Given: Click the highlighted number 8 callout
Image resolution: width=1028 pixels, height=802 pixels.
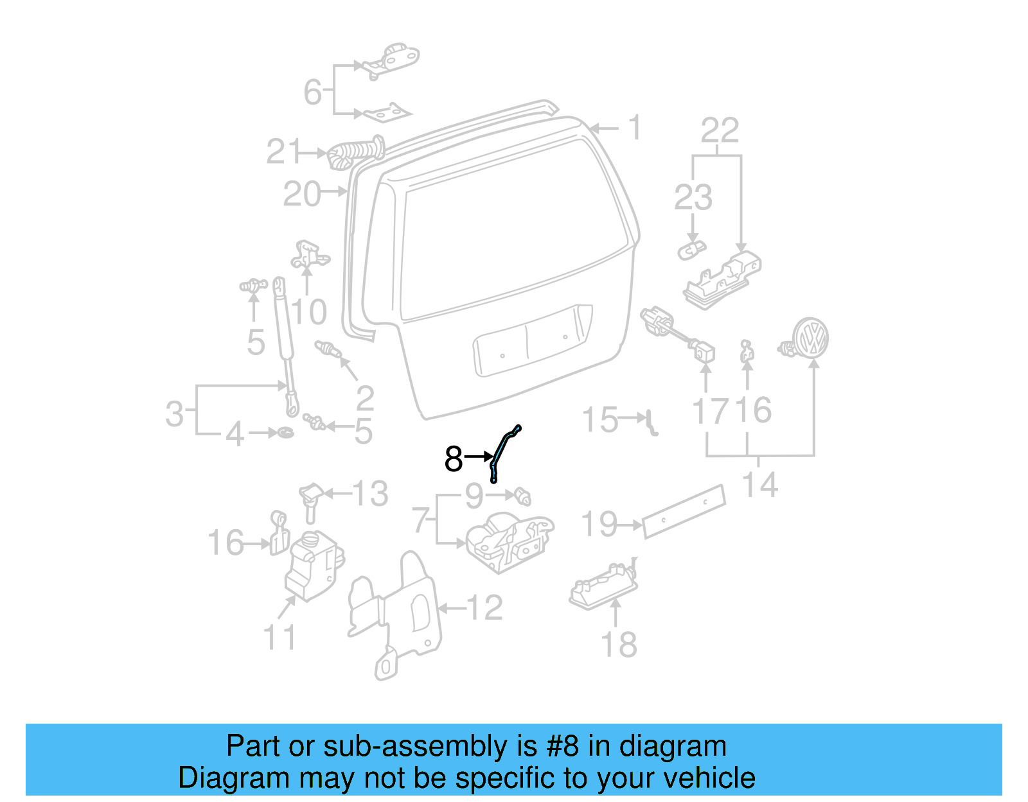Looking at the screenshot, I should coord(454,458).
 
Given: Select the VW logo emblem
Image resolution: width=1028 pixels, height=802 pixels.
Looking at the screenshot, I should coord(810,337).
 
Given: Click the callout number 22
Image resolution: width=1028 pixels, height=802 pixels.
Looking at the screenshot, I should coord(720,131).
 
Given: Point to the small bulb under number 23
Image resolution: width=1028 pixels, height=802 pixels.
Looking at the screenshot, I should coord(691,249).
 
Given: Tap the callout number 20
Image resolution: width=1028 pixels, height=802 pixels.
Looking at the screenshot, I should coord(302,194).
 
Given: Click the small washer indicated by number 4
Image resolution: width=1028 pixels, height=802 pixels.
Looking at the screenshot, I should coord(286,432).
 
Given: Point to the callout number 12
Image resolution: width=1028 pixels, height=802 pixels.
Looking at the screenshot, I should coord(484,607).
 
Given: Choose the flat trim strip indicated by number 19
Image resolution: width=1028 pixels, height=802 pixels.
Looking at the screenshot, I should coord(684,511).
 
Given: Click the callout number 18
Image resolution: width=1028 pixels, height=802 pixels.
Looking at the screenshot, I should coord(619,645).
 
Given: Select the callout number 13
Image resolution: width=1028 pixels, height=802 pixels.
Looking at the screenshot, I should coord(371,494).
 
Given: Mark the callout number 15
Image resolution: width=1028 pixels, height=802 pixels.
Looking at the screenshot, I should coord(599,420).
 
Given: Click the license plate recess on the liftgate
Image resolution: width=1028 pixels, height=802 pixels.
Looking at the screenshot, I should coord(532,340).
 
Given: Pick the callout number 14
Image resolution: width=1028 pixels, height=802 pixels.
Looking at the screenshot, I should coord(760,485).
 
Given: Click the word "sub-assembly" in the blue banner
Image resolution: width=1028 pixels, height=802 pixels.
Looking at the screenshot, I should coord(414,746).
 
